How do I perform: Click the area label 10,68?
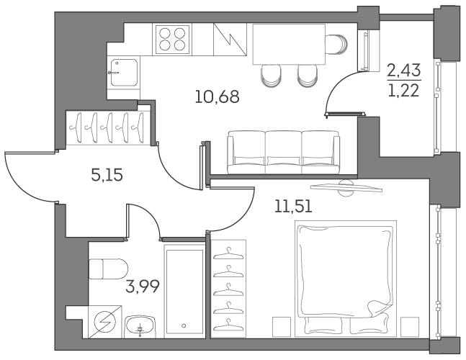(216, 96)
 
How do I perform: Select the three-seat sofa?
(283, 153)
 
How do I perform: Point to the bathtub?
(186, 290)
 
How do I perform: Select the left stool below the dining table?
(270, 74)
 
